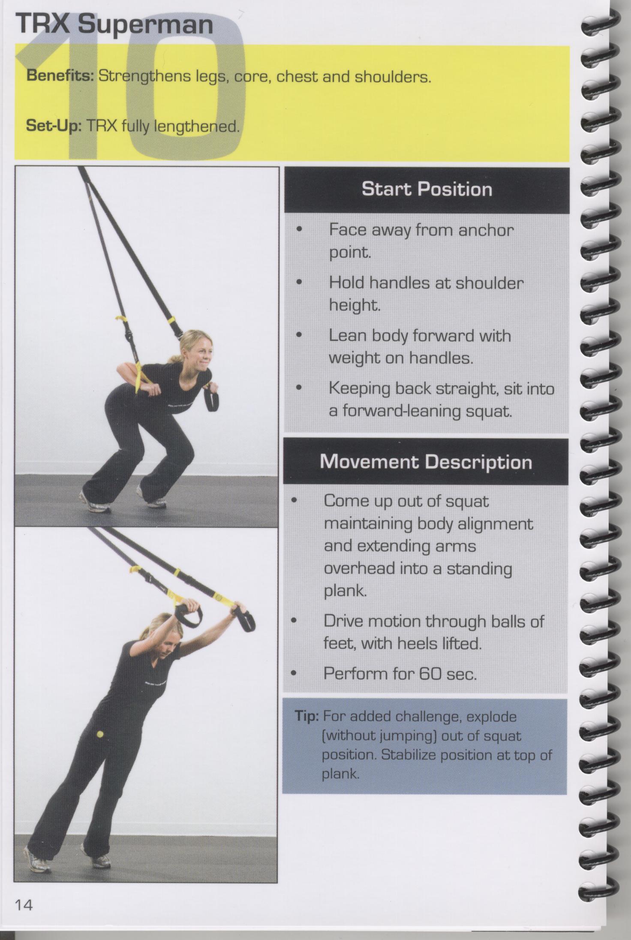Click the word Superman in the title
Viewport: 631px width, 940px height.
pyautogui.click(x=145, y=25)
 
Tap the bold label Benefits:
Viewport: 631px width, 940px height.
pyautogui.click(x=60, y=76)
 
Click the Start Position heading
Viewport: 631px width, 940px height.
pyautogui.click(x=427, y=189)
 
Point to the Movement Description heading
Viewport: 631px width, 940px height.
pyautogui.click(x=426, y=461)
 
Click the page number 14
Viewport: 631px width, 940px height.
pyautogui.click(x=24, y=906)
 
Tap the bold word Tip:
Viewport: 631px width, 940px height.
pyautogui.click(x=306, y=716)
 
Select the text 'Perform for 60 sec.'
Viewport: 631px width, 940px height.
pyautogui.click(x=400, y=674)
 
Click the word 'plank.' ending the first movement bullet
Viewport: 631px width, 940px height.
pyautogui.click(x=346, y=591)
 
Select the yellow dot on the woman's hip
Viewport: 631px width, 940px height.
pyautogui.click(x=100, y=734)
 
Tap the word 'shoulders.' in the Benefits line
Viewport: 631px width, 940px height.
pyautogui.click(x=393, y=77)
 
